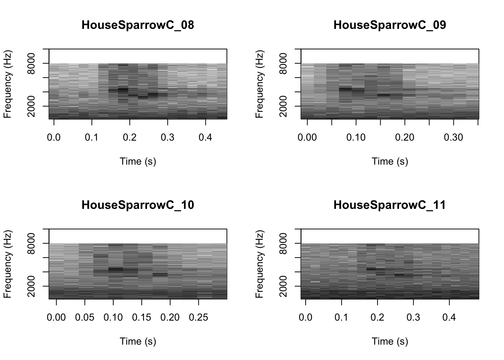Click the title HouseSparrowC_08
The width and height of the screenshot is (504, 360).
(138, 25)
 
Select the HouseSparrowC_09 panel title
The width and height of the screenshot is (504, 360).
(390, 25)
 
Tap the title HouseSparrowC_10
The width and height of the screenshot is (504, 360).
(138, 205)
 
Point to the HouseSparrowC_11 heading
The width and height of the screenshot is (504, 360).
(390, 205)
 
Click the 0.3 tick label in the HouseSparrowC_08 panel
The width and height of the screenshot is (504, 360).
(168, 137)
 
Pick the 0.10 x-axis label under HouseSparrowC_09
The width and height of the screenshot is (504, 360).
(356, 137)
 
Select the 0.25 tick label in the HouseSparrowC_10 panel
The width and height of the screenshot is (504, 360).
(198, 317)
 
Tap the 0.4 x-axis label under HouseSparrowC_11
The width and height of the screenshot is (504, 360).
(449, 317)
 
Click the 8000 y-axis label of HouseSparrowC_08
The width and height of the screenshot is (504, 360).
(31, 63)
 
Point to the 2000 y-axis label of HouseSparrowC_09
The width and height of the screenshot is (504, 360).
(283, 106)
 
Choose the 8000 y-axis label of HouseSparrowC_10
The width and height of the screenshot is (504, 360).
(31, 243)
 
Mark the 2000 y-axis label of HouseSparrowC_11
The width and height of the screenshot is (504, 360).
(283, 286)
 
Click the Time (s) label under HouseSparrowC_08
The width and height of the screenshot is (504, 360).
(138, 161)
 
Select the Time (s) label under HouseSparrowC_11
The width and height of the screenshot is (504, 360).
(390, 341)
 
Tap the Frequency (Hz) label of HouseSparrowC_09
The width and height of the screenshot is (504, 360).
(259, 84)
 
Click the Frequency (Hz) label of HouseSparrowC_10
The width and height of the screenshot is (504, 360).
(7, 264)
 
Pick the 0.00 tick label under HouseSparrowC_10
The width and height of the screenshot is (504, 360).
(56, 317)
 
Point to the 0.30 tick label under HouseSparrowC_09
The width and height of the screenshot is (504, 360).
(453, 137)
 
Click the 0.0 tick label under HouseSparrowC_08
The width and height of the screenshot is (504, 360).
(54, 137)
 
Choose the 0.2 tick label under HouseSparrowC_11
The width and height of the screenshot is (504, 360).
(377, 317)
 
